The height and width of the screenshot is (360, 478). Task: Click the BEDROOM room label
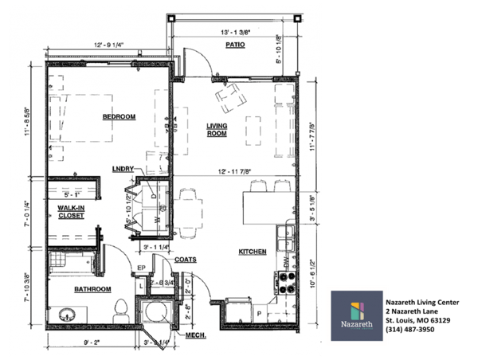(119, 117)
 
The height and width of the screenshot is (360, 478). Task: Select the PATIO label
(233, 45)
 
